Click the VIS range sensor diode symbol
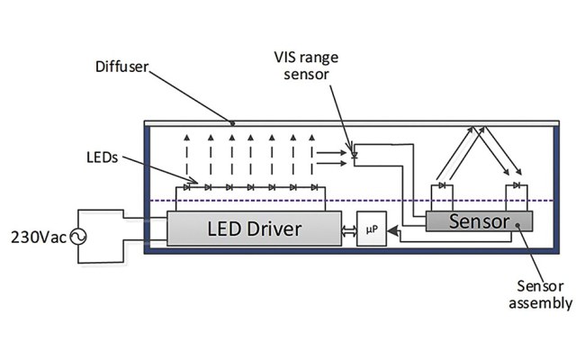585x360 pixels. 354,155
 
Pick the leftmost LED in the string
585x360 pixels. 186,187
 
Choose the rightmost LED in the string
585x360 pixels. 315,187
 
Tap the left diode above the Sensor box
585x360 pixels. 440,185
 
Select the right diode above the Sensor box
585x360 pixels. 516,185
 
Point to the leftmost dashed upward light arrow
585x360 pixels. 186,157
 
